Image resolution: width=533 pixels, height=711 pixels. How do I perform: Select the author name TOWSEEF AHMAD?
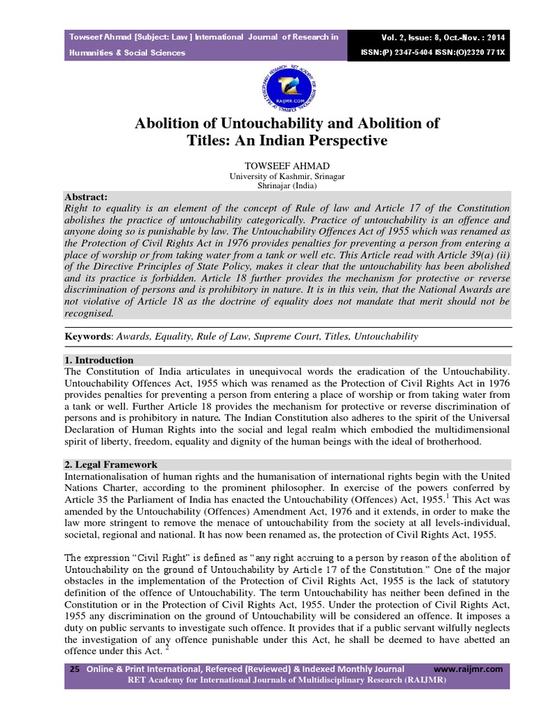266,167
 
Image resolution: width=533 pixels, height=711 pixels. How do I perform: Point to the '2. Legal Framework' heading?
110,465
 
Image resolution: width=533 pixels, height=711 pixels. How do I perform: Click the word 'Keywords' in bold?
87,336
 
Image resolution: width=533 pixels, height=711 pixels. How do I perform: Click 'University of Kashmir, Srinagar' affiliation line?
266,177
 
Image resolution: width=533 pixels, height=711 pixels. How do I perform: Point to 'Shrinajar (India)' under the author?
266,186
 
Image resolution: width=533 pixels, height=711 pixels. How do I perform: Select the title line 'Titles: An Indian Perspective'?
266,140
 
